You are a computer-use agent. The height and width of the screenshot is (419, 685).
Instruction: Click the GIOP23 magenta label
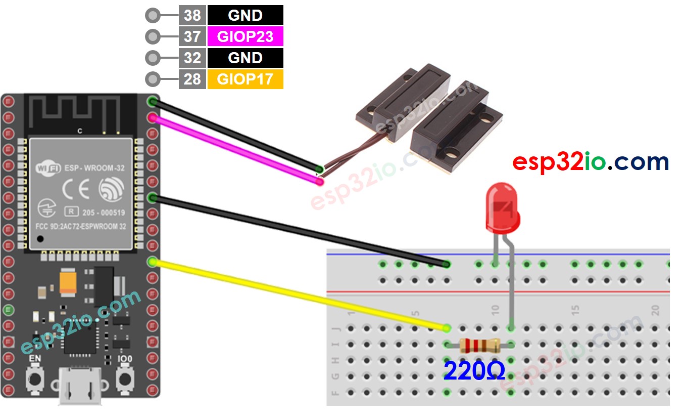point(245,36)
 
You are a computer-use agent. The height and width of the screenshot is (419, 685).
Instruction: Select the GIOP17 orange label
point(245,79)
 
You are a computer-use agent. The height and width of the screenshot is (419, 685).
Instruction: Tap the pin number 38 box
point(192,15)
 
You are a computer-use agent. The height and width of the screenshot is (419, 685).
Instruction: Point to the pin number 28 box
point(192,79)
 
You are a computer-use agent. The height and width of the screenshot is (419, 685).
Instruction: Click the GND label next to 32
point(245,58)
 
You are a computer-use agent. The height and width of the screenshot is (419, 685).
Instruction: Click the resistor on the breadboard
point(480,346)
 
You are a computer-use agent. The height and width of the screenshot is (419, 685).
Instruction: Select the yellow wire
point(298,294)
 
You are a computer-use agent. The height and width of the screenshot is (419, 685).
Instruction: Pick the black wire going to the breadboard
point(298,230)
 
